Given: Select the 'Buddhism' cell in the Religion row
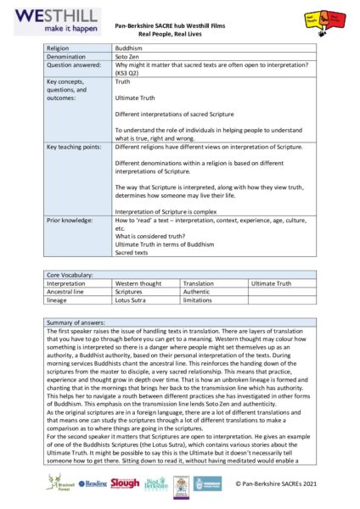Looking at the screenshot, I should [129, 48].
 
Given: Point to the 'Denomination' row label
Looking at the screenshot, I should [67, 57].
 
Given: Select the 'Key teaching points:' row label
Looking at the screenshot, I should [76, 147].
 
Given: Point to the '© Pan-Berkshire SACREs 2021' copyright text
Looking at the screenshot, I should [279, 484].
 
